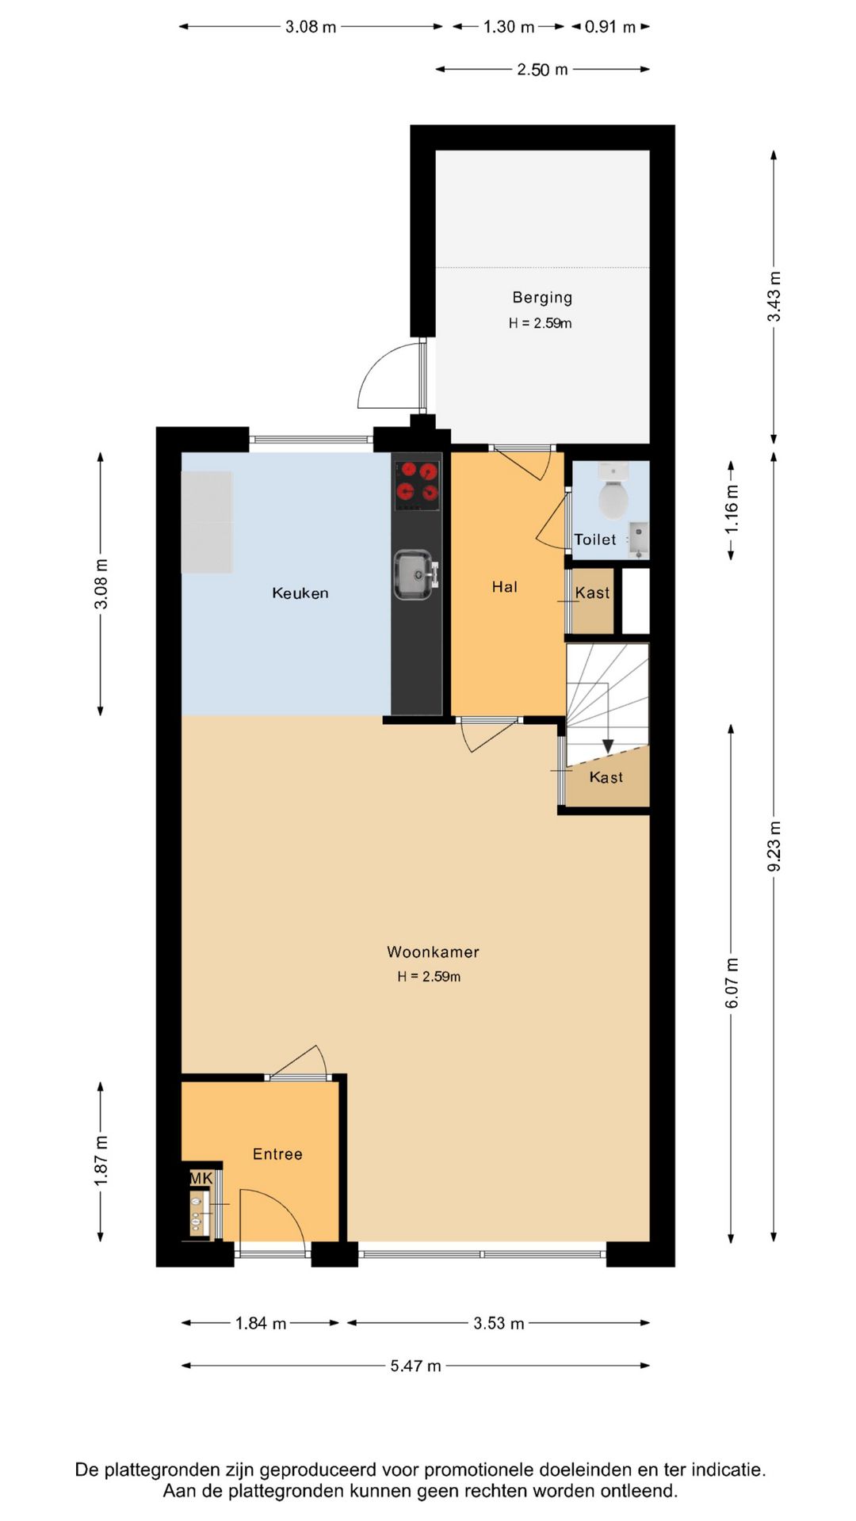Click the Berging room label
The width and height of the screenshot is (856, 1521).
542,298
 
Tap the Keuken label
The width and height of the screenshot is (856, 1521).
300,593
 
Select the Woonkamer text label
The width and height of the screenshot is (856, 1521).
433,952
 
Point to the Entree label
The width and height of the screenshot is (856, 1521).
277,1154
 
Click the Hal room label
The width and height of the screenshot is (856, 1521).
505,587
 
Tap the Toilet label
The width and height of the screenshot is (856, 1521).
595,539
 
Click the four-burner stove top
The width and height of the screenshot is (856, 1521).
417,486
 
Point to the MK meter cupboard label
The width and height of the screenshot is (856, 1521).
201,1179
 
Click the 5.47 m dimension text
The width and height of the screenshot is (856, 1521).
415,1366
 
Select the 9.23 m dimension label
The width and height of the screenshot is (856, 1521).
774,846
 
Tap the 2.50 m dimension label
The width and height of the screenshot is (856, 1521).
543,70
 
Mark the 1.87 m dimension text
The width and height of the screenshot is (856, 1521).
101,1161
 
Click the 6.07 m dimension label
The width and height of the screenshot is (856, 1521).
732,983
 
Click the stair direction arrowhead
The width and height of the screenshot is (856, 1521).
608,746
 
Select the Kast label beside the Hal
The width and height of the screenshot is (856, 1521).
593,593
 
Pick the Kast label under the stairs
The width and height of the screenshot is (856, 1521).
606,778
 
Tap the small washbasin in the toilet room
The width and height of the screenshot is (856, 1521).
639,538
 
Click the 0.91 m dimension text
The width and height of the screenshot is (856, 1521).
610,27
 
